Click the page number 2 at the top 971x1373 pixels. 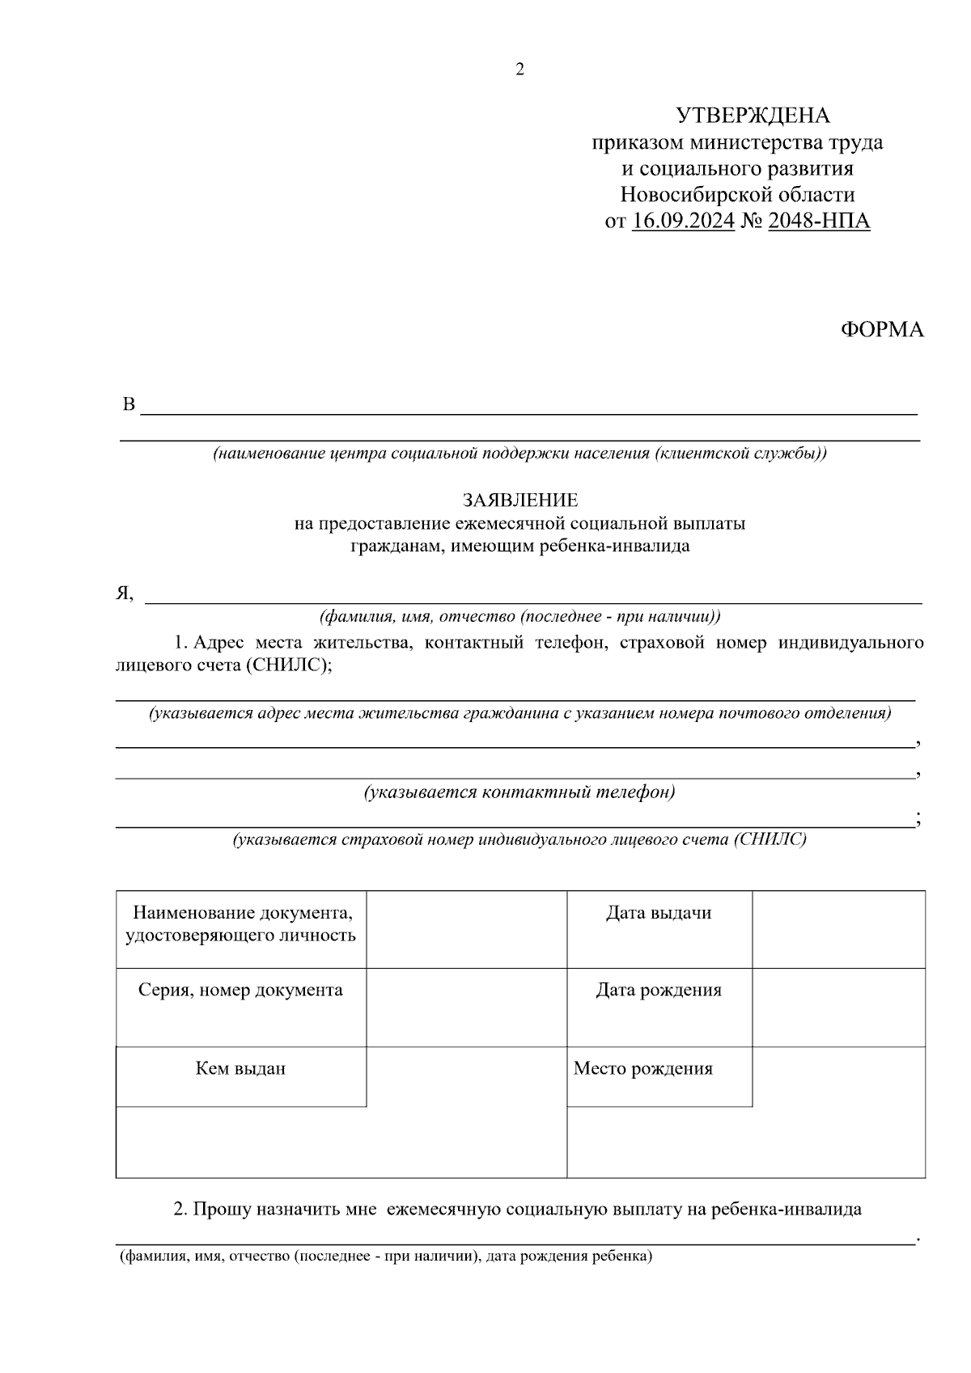click(519, 70)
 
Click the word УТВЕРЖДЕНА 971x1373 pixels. click(753, 116)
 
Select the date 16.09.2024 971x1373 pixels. click(683, 221)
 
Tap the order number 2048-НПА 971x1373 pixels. click(818, 221)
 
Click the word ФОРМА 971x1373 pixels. click(882, 330)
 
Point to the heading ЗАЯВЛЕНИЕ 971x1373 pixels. click(519, 501)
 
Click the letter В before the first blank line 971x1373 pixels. click(129, 404)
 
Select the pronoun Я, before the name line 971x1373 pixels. click(124, 594)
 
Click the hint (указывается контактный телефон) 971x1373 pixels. click(519, 792)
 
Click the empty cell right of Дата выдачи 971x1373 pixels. click(838, 929)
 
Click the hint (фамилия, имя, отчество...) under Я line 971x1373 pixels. click(519, 617)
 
